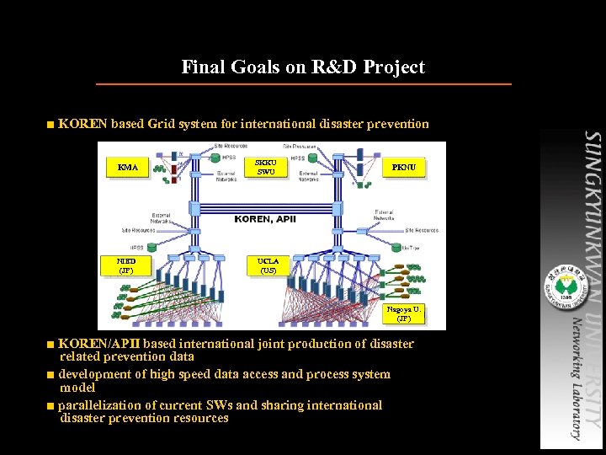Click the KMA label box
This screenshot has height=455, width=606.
click(x=129, y=168)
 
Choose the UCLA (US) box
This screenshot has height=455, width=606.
click(x=268, y=266)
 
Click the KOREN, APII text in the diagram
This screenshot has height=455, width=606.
click(x=265, y=219)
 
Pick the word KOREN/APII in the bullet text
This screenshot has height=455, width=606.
click(x=95, y=344)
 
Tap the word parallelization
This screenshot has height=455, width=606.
click(x=100, y=405)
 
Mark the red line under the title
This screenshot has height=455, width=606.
click(x=303, y=84)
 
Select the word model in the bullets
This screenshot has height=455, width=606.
click(x=77, y=388)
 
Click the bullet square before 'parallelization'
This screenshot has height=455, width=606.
click(x=51, y=406)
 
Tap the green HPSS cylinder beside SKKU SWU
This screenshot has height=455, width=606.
click(x=215, y=157)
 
